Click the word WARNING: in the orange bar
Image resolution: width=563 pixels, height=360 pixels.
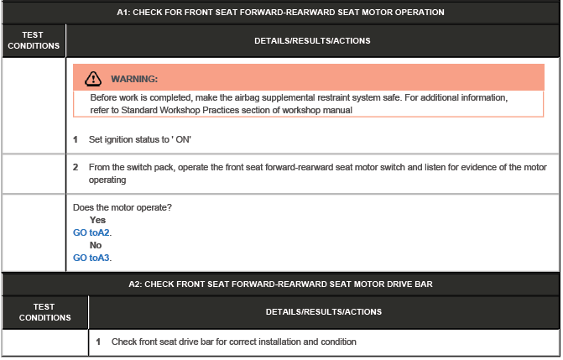click(x=134, y=79)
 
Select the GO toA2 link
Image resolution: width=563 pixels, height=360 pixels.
click(x=92, y=232)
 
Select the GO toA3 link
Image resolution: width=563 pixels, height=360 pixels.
click(x=92, y=258)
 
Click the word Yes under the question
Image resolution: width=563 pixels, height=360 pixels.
click(x=97, y=220)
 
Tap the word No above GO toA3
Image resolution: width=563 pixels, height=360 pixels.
click(x=96, y=245)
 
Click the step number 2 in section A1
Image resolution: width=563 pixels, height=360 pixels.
click(x=76, y=167)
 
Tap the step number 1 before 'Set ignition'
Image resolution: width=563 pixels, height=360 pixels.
click(x=76, y=138)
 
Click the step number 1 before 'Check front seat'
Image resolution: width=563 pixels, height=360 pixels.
click(x=98, y=342)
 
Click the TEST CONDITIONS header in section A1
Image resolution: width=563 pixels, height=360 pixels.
click(x=33, y=40)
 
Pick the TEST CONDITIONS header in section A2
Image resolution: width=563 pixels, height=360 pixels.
click(x=44, y=312)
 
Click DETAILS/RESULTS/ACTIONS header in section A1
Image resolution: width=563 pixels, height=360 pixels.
click(x=312, y=40)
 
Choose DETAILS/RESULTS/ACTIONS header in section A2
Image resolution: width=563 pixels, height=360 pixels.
click(x=324, y=312)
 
